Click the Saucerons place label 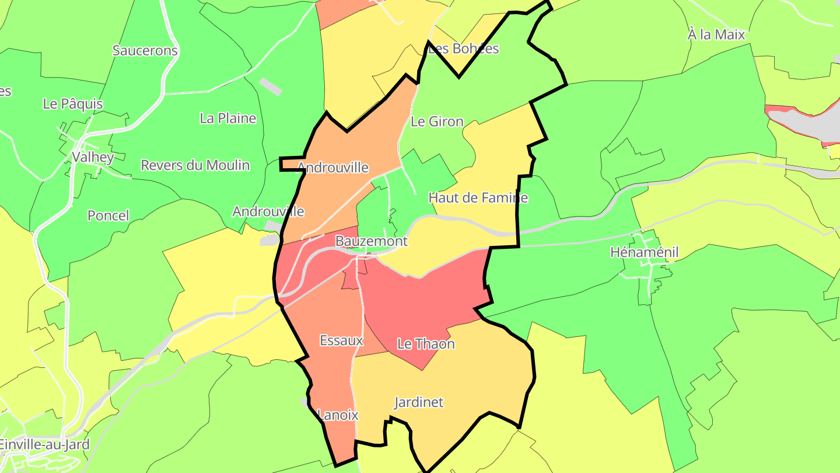click(x=145, y=50)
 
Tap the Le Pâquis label click(x=73, y=104)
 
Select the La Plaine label click(x=228, y=118)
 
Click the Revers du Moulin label click(x=195, y=165)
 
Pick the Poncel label click(x=108, y=215)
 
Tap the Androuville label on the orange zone click(x=333, y=168)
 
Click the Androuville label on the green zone click(x=268, y=211)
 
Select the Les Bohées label click(x=464, y=48)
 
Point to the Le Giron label click(x=437, y=121)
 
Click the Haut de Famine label click(x=478, y=198)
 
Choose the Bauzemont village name click(x=371, y=241)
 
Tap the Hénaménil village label click(x=645, y=252)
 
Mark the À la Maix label click(x=716, y=34)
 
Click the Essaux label click(x=341, y=340)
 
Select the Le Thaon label click(x=426, y=344)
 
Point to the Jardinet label click(x=419, y=402)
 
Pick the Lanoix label click(x=338, y=415)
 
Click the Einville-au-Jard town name click(x=44, y=444)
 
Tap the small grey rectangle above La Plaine click(x=271, y=86)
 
